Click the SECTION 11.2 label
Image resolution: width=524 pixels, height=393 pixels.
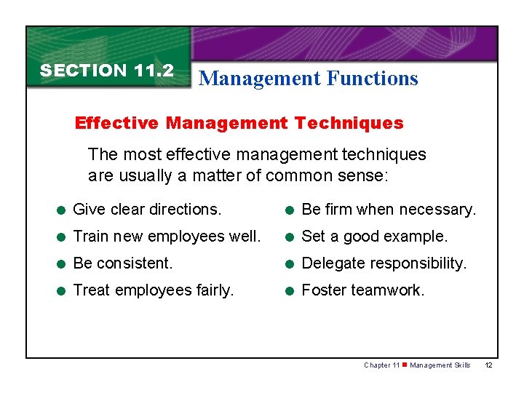point(106,71)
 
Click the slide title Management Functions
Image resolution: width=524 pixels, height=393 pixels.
point(309,79)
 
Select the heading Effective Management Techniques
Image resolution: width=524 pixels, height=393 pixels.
point(239,123)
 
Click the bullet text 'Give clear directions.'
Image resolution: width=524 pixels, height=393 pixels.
point(147,210)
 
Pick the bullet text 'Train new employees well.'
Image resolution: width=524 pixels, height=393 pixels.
point(167,237)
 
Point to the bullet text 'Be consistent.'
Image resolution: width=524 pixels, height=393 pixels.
point(123,263)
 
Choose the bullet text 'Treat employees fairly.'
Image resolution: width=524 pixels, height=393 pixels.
point(154,290)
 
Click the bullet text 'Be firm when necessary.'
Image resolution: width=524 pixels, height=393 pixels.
point(389,210)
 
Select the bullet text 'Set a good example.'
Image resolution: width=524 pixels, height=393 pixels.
point(374,237)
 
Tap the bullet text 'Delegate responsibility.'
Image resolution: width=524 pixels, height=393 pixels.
point(384,263)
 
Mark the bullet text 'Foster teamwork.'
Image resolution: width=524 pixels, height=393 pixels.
point(362,290)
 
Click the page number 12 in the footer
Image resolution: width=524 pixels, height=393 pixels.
point(488,365)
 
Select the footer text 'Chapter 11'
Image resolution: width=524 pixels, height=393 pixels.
point(381,365)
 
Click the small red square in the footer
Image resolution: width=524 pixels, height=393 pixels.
point(405,365)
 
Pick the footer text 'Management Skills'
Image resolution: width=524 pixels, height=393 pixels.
point(440,365)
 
